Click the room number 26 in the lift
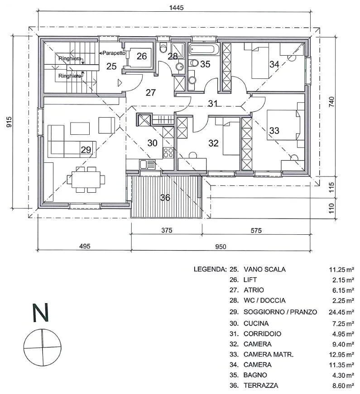142,56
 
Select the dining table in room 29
86,180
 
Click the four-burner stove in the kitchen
168,152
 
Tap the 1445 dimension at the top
176,8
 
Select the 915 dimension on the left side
9,122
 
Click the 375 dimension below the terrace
167,230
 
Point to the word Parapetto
114,53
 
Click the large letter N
40,313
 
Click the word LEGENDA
210,269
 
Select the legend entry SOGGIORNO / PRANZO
280,312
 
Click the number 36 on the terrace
165,198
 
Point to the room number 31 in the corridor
213,103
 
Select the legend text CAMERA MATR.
269,355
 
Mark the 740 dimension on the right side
332,102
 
